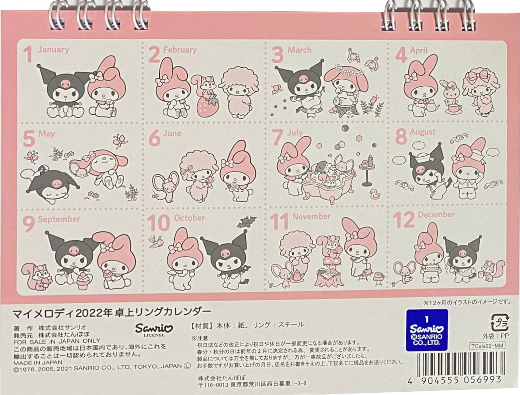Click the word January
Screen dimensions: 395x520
pos(53,50)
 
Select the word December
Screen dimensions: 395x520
pos(436,215)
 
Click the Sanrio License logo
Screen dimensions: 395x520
pos(154,329)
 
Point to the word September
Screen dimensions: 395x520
pos(59,219)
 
